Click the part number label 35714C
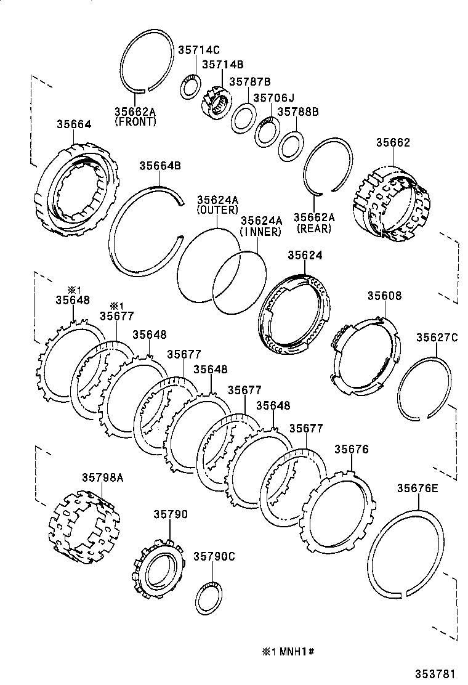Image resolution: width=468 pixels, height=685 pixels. coord(199,50)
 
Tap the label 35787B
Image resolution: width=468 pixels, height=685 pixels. coord(250,81)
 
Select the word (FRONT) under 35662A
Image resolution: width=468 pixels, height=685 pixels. coord(135,122)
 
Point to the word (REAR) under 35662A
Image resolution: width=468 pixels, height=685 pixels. coord(313,229)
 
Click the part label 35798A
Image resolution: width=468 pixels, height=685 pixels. coord(103,477)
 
